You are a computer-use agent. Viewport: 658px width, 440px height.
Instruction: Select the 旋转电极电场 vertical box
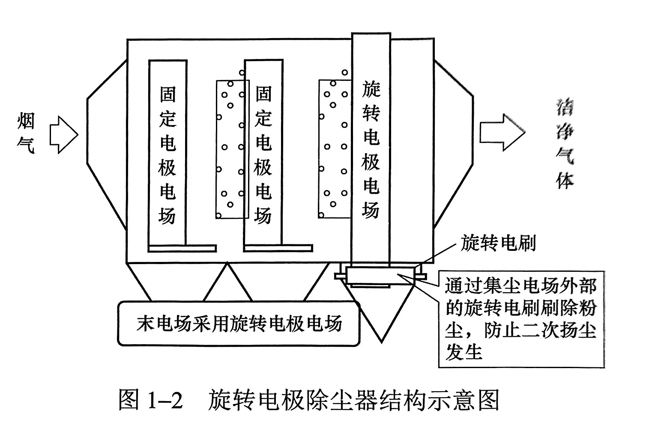(371, 148)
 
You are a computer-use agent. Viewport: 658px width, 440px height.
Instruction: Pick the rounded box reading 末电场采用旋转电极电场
(239, 324)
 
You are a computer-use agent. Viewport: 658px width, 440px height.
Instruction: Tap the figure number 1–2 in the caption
(165, 401)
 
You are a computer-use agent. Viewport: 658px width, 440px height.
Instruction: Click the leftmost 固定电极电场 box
(168, 152)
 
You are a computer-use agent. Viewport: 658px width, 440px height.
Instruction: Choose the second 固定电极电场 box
(263, 152)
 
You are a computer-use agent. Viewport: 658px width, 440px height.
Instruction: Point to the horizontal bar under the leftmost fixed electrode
(182, 248)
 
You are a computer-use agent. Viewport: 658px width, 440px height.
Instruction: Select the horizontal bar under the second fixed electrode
(278, 248)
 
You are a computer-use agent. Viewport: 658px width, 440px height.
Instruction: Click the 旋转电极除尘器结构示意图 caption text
(354, 401)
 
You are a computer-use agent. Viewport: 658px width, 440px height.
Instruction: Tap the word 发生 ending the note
(464, 353)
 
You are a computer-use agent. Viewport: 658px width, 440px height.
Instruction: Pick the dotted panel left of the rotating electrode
(335, 148)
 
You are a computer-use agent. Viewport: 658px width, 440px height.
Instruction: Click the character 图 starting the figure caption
(129, 401)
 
